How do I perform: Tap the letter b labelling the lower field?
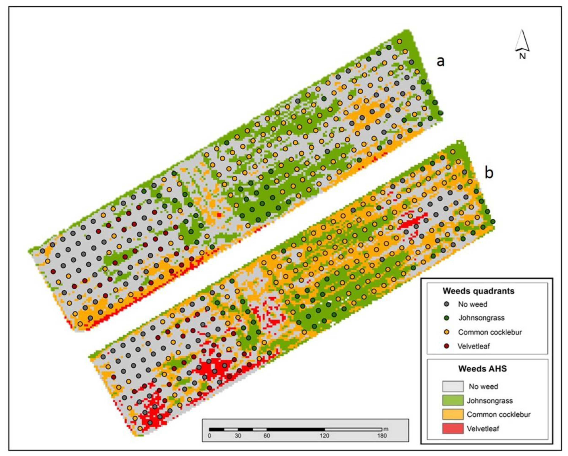coord(489,173)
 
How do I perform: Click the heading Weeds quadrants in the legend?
coord(478,291)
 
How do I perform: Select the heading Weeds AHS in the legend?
coord(482,369)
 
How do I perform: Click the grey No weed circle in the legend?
coord(447,304)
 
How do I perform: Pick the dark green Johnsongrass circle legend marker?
coord(447,318)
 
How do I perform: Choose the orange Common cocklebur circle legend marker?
coord(447,332)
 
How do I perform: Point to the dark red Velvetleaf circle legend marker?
coord(447,346)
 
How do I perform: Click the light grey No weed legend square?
coord(453,386)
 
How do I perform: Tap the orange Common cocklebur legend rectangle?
coord(453,414)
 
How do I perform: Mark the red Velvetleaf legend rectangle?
coord(453,428)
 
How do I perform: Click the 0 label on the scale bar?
coord(209,436)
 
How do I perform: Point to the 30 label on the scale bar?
coord(238,436)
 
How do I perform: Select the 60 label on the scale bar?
coord(267,436)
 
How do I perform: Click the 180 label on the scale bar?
coord(382,436)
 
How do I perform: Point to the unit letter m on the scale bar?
coord(386,429)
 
